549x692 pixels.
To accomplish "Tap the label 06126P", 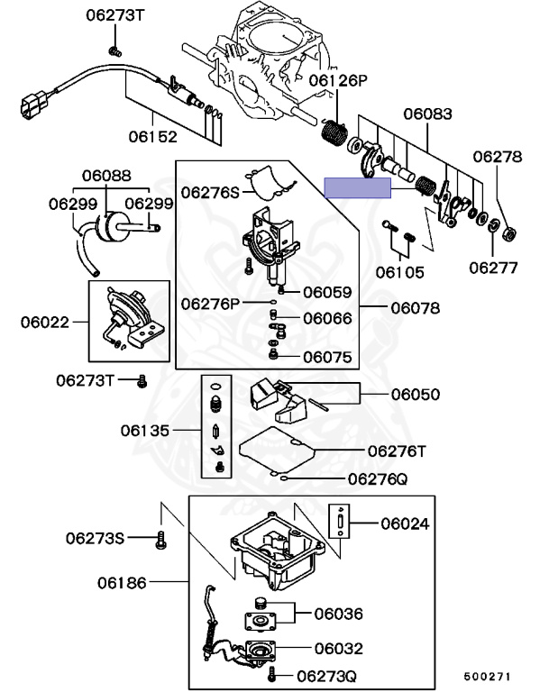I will coord(339,81).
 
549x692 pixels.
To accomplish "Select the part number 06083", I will coord(427,114).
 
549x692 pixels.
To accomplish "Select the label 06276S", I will coord(210,191).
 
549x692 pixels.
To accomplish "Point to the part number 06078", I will coord(415,308).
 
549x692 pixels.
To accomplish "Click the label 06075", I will coord(327,357).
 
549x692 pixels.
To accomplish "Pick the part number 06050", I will coord(416,394).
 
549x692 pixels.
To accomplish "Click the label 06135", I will coord(145,431).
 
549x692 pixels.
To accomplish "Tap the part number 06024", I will coord(405,523).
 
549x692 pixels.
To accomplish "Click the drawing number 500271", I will coord(488,675).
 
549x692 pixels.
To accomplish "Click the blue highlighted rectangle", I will coord(357,187).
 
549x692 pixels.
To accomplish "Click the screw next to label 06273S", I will coord(161,539).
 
